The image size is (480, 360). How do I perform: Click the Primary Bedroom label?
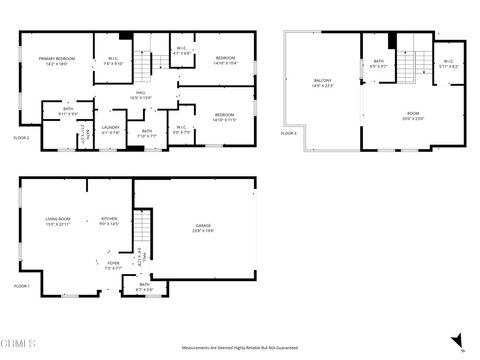56,62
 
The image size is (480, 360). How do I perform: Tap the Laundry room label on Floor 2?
111,129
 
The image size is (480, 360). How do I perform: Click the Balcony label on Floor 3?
323,83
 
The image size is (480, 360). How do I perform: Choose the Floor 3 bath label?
379,65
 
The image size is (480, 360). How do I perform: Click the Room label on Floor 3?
412,116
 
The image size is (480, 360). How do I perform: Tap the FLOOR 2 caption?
21,137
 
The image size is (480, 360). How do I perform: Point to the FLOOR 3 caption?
289,132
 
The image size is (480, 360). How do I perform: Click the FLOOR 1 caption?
22,286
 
